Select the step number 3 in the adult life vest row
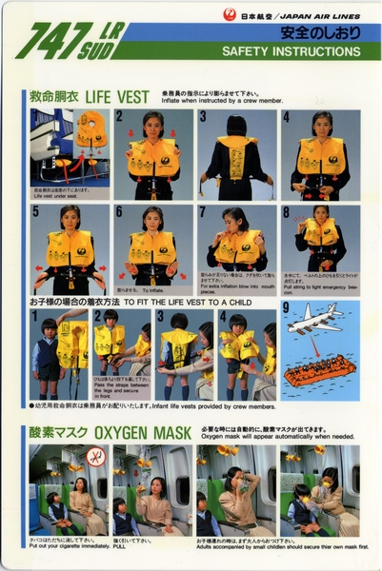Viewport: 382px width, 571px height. [x=203, y=117]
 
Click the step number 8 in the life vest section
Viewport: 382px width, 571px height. [x=286, y=211]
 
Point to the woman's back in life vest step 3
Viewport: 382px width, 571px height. [x=235, y=157]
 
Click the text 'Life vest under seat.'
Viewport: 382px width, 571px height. [x=52, y=195]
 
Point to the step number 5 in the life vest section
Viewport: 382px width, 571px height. [x=36, y=211]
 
